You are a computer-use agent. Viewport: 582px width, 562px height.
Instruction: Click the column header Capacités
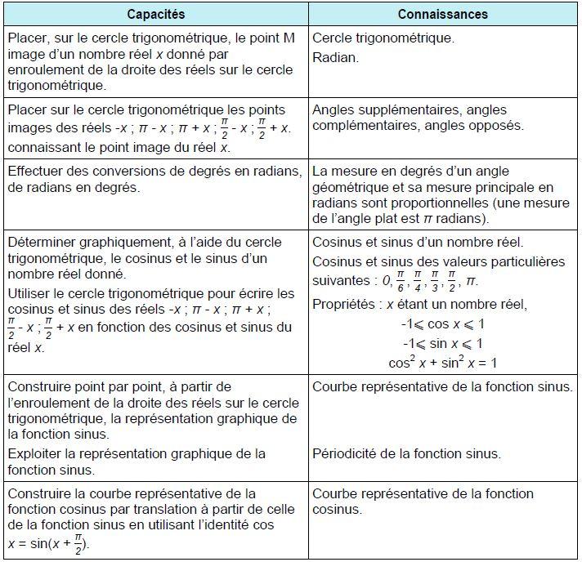[156, 14]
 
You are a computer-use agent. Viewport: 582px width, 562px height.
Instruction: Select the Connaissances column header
[442, 14]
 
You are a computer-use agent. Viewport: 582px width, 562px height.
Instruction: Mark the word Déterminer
[41, 243]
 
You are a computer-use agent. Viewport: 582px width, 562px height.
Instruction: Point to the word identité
[225, 525]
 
